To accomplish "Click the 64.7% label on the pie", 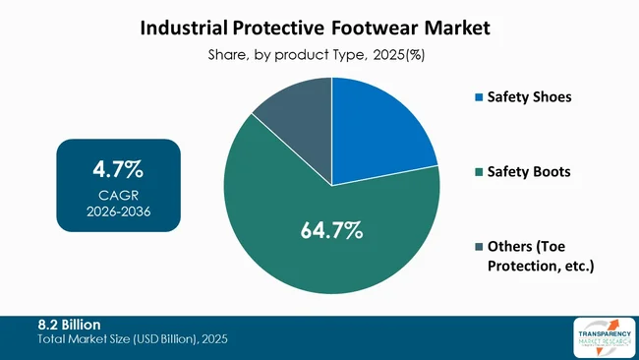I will [331, 232].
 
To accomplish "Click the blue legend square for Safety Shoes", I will [479, 98].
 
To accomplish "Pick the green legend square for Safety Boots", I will [479, 172].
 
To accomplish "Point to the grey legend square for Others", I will [479, 246].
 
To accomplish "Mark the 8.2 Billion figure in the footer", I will [69, 325].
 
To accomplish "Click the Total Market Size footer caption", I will [134, 339].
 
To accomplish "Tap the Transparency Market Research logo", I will [602, 337].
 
